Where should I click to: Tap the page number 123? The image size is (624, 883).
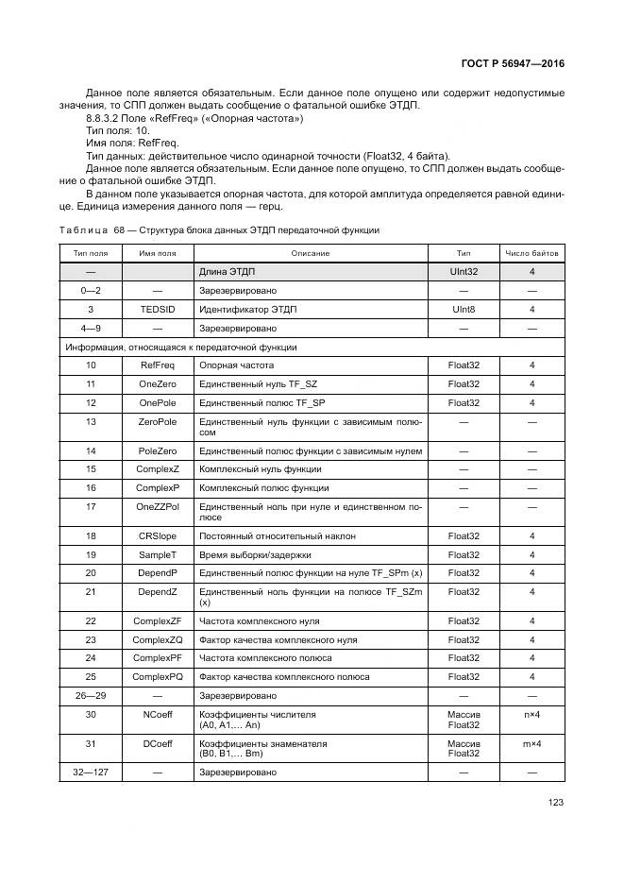556,804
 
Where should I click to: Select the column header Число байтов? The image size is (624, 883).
531,253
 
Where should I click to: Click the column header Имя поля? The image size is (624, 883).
158,253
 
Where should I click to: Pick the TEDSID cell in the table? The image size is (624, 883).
158,309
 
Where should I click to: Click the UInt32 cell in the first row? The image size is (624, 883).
464,271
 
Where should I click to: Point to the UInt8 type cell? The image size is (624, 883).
464,309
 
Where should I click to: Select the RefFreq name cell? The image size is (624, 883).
158,365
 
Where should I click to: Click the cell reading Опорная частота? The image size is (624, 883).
236,365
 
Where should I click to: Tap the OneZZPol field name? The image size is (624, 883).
158,507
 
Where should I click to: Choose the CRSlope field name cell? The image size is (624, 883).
158,535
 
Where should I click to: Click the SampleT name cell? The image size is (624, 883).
158,554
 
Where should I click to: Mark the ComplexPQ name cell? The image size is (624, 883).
158,677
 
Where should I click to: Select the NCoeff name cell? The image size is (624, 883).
158,715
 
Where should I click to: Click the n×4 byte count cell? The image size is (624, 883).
531,715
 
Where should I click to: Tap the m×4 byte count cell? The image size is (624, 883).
531,743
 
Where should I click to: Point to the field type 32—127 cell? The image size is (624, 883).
91,772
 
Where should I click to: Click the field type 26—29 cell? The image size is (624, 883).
91,696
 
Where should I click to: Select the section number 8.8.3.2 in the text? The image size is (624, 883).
104,119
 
